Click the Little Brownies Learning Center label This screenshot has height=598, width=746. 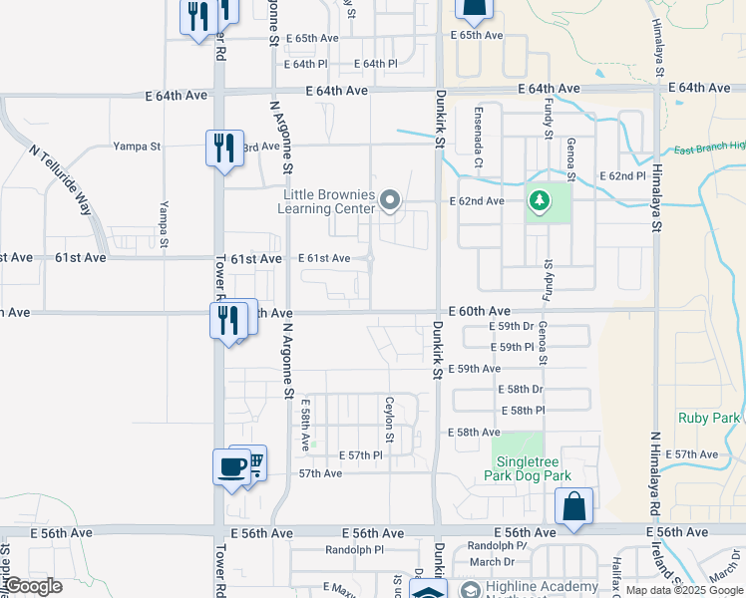[329, 201]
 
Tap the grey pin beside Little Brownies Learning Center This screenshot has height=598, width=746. [390, 202]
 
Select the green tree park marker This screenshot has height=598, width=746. [540, 202]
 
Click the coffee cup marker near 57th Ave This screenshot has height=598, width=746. [231, 466]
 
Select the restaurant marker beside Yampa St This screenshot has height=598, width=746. [222, 148]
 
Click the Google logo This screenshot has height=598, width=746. [32, 586]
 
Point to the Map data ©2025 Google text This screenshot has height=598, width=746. [684, 590]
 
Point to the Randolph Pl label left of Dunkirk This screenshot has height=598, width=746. [354, 549]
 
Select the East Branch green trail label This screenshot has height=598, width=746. [709, 148]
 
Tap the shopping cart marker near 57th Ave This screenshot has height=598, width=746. [253, 461]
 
